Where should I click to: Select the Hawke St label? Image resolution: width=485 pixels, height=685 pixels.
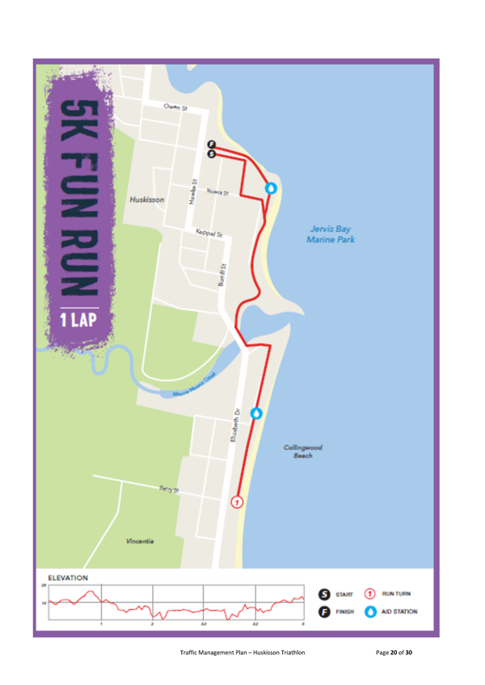coord(194,191)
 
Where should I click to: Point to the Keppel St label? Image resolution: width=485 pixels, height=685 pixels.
coord(209,233)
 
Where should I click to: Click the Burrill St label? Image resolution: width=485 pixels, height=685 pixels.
coord(222,275)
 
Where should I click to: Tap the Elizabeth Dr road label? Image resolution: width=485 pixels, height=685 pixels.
coord(235,425)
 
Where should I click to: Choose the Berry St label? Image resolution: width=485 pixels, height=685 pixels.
coord(167,489)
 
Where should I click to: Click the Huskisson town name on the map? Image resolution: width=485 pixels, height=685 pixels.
coord(147,199)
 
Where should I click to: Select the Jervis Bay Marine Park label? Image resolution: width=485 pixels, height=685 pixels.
coord(330,234)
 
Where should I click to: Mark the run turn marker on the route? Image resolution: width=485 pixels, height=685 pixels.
coord(237,502)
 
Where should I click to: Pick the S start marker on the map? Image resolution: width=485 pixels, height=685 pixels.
coord(212,153)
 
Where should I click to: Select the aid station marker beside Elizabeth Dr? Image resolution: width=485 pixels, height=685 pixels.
coord(257,414)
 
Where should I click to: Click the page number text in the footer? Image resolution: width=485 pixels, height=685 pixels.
coord(394,652)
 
